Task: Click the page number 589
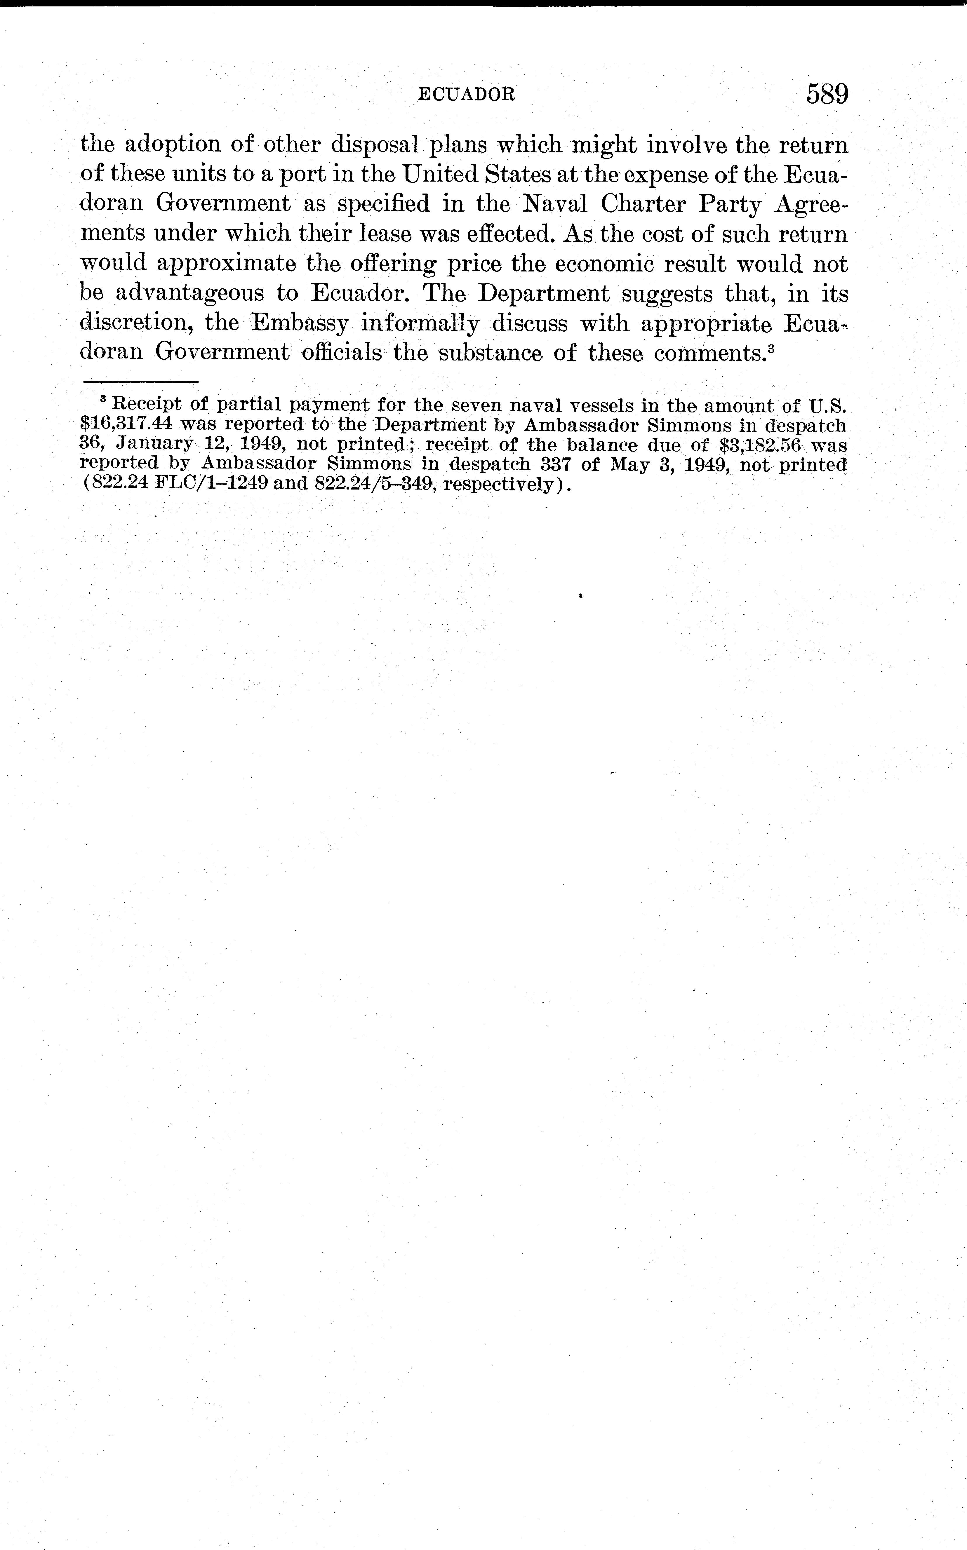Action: coord(827,95)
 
